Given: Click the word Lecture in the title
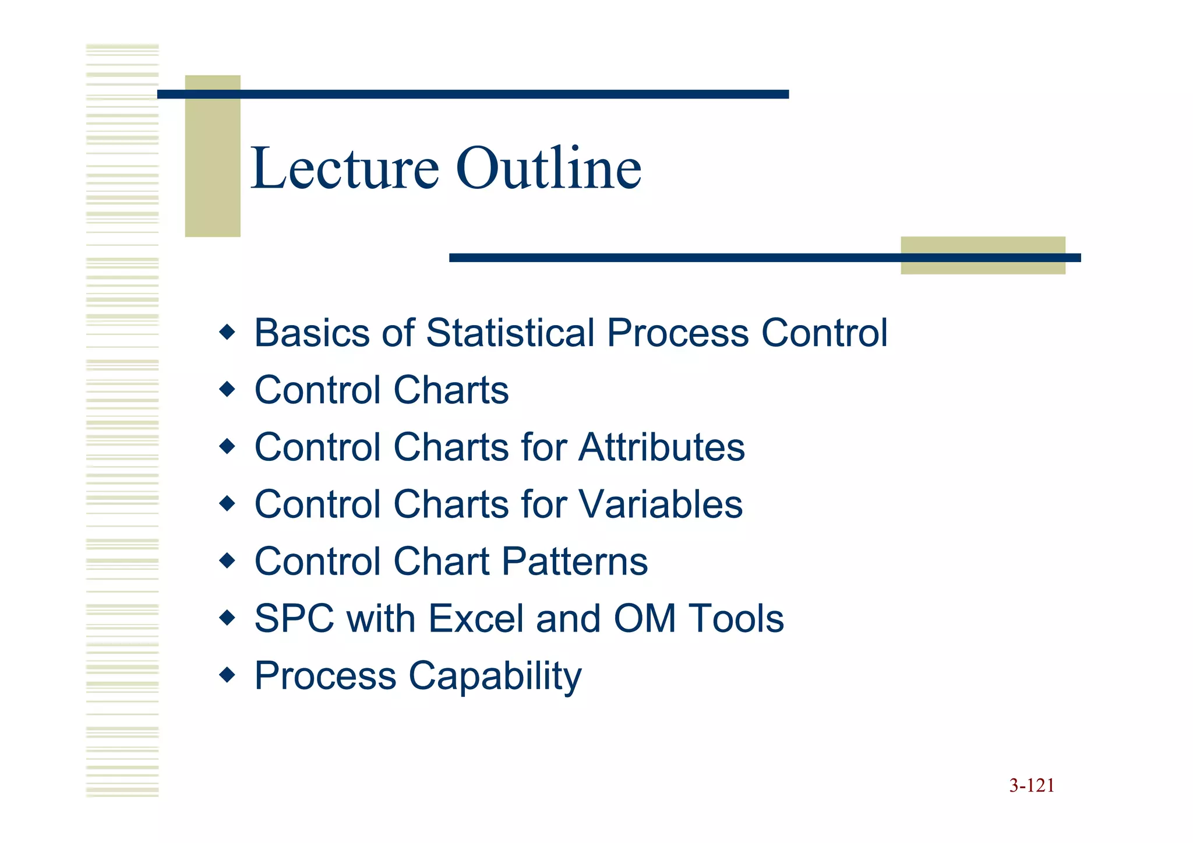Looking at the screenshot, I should [x=345, y=169].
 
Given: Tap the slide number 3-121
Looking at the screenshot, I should [x=1032, y=786].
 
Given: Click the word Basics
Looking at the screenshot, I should [x=312, y=333].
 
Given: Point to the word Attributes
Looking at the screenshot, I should [x=662, y=447].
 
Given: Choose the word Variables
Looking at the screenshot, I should [x=661, y=505].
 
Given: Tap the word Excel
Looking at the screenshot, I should [x=477, y=619].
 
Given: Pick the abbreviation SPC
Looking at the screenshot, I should [x=294, y=619].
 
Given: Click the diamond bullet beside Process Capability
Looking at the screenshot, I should [x=227, y=675].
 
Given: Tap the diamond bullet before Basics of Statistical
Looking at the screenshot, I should [x=227, y=333].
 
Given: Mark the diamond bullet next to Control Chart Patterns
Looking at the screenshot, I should [x=227, y=561].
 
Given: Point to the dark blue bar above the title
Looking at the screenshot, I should [x=473, y=94].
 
